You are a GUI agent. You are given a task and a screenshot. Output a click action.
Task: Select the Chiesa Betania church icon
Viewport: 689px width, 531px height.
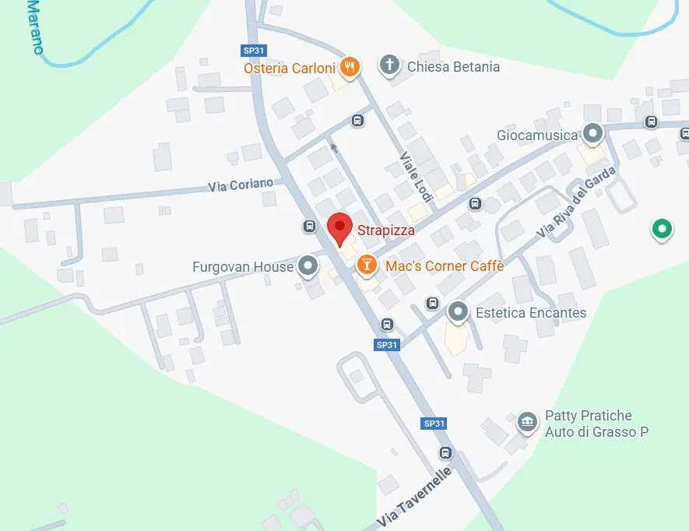(389, 65)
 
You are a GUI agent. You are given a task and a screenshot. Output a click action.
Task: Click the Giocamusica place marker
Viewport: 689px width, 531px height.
(593, 134)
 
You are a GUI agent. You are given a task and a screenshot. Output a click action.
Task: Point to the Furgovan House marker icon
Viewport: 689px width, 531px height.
(308, 266)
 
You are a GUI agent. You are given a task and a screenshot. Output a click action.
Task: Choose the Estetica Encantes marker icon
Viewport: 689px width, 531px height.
(459, 313)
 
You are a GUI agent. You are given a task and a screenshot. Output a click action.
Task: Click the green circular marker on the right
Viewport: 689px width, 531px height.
(662, 229)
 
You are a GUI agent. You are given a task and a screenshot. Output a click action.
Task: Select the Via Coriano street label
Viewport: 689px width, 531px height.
(241, 185)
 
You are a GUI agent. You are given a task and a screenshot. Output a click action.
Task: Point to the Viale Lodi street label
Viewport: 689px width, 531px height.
(411, 177)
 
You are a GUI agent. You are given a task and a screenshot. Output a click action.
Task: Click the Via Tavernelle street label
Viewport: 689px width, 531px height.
(414, 496)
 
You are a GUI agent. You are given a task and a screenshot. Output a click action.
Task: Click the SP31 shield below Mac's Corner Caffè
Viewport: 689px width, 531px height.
(387, 345)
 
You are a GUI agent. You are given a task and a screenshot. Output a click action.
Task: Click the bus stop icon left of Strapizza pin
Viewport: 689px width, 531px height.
(309, 227)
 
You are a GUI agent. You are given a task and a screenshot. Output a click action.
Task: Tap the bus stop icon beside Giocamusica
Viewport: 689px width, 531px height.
(652, 121)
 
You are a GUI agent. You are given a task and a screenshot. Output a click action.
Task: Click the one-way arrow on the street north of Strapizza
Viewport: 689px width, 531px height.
(334, 146)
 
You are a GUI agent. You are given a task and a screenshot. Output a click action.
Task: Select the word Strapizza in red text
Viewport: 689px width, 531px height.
(386, 230)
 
